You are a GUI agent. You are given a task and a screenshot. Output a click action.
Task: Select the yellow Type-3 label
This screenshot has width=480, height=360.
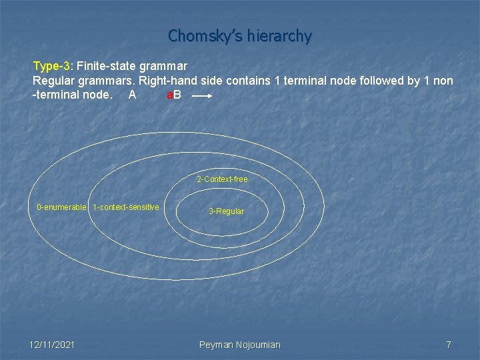point(52,67)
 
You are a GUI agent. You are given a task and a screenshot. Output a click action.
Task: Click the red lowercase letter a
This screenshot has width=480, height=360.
point(169,95)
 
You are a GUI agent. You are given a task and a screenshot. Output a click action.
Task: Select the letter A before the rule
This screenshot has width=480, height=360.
point(132,95)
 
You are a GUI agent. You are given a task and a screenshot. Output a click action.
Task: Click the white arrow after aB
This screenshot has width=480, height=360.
point(202,97)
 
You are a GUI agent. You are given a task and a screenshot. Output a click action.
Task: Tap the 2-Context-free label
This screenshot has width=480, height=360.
point(222,179)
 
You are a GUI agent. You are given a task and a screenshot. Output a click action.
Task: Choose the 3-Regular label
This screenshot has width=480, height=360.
point(226,211)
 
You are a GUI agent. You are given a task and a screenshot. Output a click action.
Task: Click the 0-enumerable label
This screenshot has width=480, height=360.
point(61,207)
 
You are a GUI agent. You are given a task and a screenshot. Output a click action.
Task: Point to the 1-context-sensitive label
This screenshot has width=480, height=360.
point(126,207)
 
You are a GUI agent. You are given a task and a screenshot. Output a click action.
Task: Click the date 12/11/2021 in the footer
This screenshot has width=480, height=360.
point(52,345)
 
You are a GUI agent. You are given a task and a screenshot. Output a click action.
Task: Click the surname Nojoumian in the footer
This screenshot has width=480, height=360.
point(258,345)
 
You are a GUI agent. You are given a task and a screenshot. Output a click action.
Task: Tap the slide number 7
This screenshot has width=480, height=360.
point(449,345)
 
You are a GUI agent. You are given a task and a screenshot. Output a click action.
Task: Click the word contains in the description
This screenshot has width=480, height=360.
point(246,81)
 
